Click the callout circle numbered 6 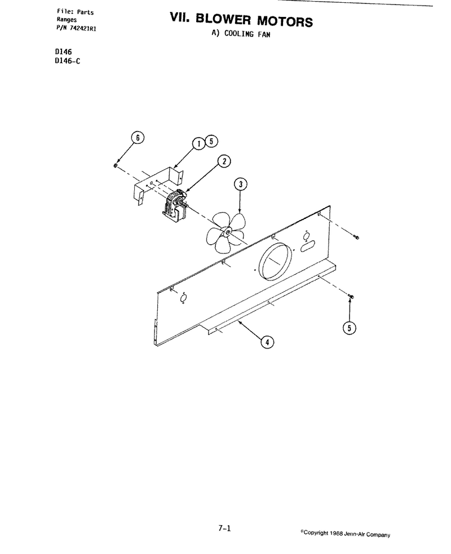(x=138, y=138)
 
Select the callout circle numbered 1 (x=199, y=144)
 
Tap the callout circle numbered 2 (x=224, y=161)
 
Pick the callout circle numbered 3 (x=241, y=184)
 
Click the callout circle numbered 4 (x=267, y=342)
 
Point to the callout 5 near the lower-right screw (x=350, y=328)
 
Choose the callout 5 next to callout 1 (x=211, y=142)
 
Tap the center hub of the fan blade (x=227, y=232)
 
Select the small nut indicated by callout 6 (x=116, y=165)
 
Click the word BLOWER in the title (x=223, y=19)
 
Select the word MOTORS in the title (x=285, y=21)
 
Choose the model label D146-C (x=68, y=61)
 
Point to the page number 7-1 (x=224, y=529)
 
